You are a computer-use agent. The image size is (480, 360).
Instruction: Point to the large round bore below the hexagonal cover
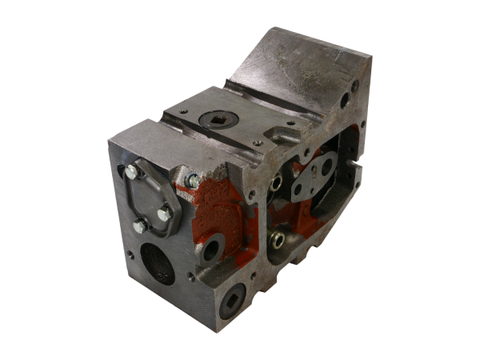pyautogui.click(x=158, y=263)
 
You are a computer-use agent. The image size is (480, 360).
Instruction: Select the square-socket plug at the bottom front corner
pyautogui.click(x=232, y=299)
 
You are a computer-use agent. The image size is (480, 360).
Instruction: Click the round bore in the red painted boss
pyautogui.click(x=211, y=250)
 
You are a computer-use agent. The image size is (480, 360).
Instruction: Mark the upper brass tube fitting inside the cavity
pyautogui.click(x=276, y=183)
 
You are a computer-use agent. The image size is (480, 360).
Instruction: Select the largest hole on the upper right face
pyautogui.click(x=344, y=102)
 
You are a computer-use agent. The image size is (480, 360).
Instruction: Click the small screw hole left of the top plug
pyautogui.click(x=183, y=111)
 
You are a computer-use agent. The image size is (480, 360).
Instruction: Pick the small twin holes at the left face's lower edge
pyautogui.click(x=130, y=256)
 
